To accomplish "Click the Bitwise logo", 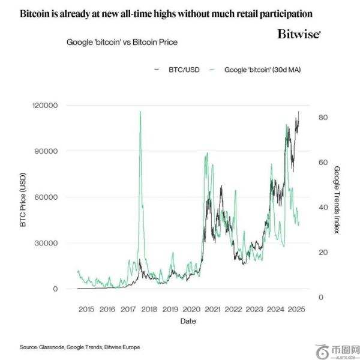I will (298, 34).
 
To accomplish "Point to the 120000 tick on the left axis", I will (45, 106).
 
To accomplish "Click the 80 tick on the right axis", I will (323, 118).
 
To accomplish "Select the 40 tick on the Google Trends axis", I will (323, 207).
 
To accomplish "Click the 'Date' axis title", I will (187, 321).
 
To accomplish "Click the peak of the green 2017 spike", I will (140, 112).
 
